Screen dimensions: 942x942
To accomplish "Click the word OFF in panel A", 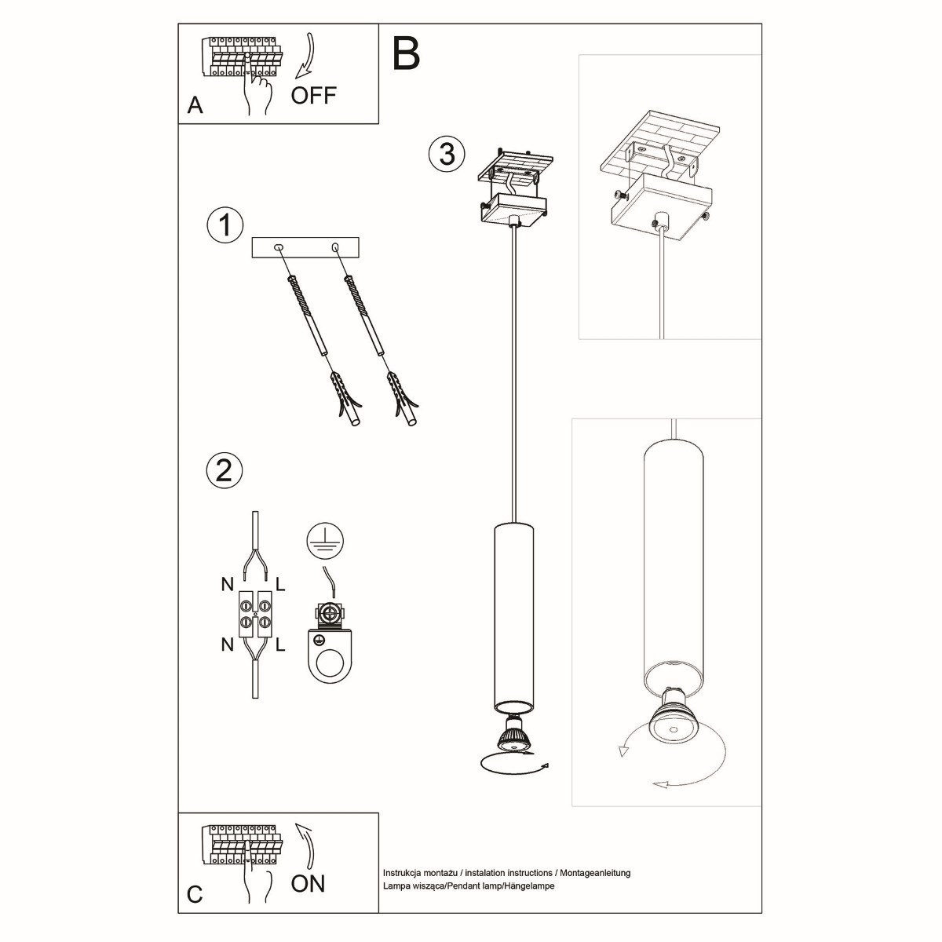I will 313,96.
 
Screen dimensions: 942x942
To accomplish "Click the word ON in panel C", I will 308,883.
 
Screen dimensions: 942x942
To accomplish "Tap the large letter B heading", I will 406,52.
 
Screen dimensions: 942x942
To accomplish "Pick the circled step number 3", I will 447,153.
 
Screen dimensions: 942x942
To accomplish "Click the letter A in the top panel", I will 195,106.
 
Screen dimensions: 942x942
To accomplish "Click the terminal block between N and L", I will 255,614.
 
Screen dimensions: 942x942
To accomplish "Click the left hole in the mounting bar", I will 279,248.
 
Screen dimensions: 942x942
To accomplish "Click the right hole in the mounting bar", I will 335,248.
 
